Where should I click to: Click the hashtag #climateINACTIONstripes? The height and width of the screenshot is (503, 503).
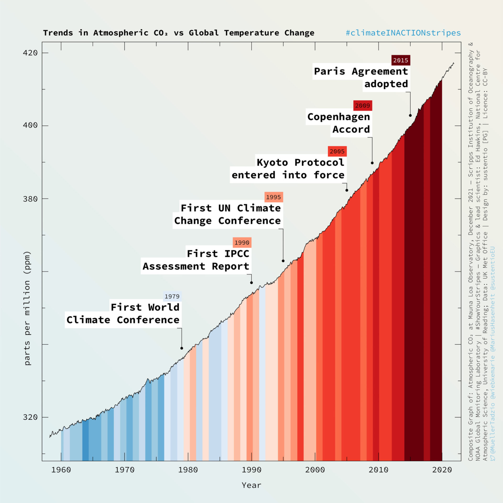tap(403, 33)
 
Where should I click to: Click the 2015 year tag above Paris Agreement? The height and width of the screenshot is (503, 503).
tap(401, 60)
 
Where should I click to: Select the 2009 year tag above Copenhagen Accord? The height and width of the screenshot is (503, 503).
tap(363, 106)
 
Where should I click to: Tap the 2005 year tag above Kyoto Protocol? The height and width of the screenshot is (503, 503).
tap(337, 151)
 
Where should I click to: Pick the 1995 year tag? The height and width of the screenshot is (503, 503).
tap(274, 197)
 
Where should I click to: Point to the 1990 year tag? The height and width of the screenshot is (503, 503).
tap(242, 243)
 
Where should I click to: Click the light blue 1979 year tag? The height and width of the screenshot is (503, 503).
tap(172, 297)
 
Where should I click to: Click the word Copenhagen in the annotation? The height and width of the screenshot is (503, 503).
tap(338, 117)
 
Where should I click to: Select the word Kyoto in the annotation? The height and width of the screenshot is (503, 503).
tap(272, 163)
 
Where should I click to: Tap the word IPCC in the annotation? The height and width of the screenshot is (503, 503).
tap(237, 254)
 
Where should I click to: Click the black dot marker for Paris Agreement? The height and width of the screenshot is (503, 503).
tap(410, 116)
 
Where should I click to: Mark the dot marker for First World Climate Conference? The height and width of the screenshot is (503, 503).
tap(182, 348)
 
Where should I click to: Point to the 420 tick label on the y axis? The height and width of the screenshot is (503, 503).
tap(30, 53)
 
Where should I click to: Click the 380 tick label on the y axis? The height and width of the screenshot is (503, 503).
tap(30, 199)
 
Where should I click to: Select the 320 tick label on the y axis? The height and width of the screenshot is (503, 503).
tap(30, 417)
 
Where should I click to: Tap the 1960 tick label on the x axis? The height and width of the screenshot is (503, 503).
tap(61, 470)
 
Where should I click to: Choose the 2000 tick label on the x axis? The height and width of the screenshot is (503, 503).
tap(315, 470)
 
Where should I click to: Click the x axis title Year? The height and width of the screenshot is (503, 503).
tap(251, 485)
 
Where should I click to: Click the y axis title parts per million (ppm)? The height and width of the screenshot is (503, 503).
tap(27, 308)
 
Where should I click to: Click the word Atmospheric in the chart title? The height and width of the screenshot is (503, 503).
tap(121, 33)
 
